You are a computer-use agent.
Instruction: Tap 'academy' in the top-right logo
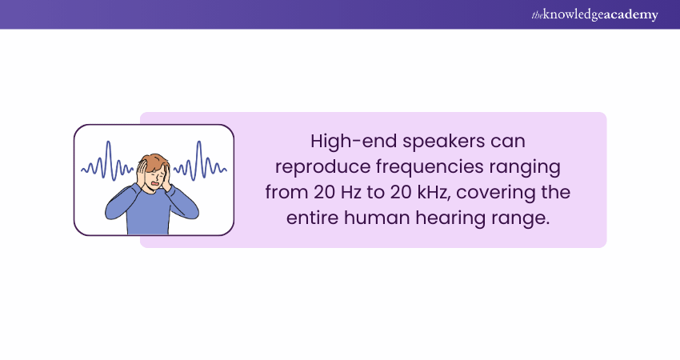tap(632, 15)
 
